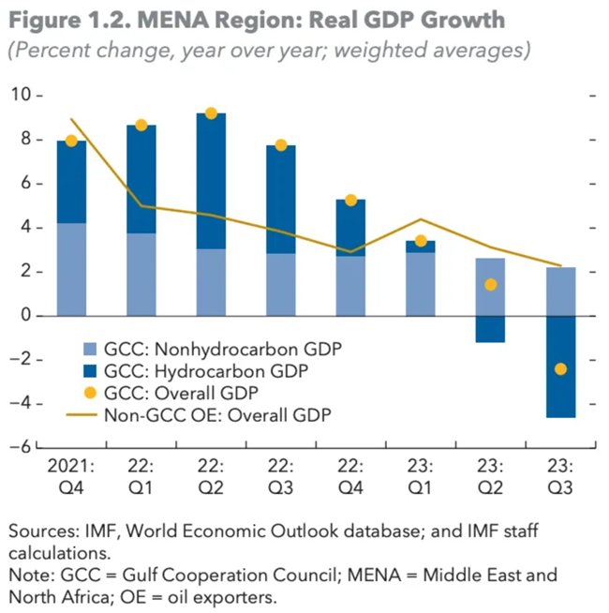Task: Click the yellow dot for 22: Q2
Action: (x=211, y=113)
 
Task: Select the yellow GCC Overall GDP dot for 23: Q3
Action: (x=560, y=369)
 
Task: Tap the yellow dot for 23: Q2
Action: (x=490, y=284)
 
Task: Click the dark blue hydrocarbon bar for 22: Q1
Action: (x=141, y=179)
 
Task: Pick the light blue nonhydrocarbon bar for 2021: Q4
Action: (x=71, y=270)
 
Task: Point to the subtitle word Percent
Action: (x=43, y=50)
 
